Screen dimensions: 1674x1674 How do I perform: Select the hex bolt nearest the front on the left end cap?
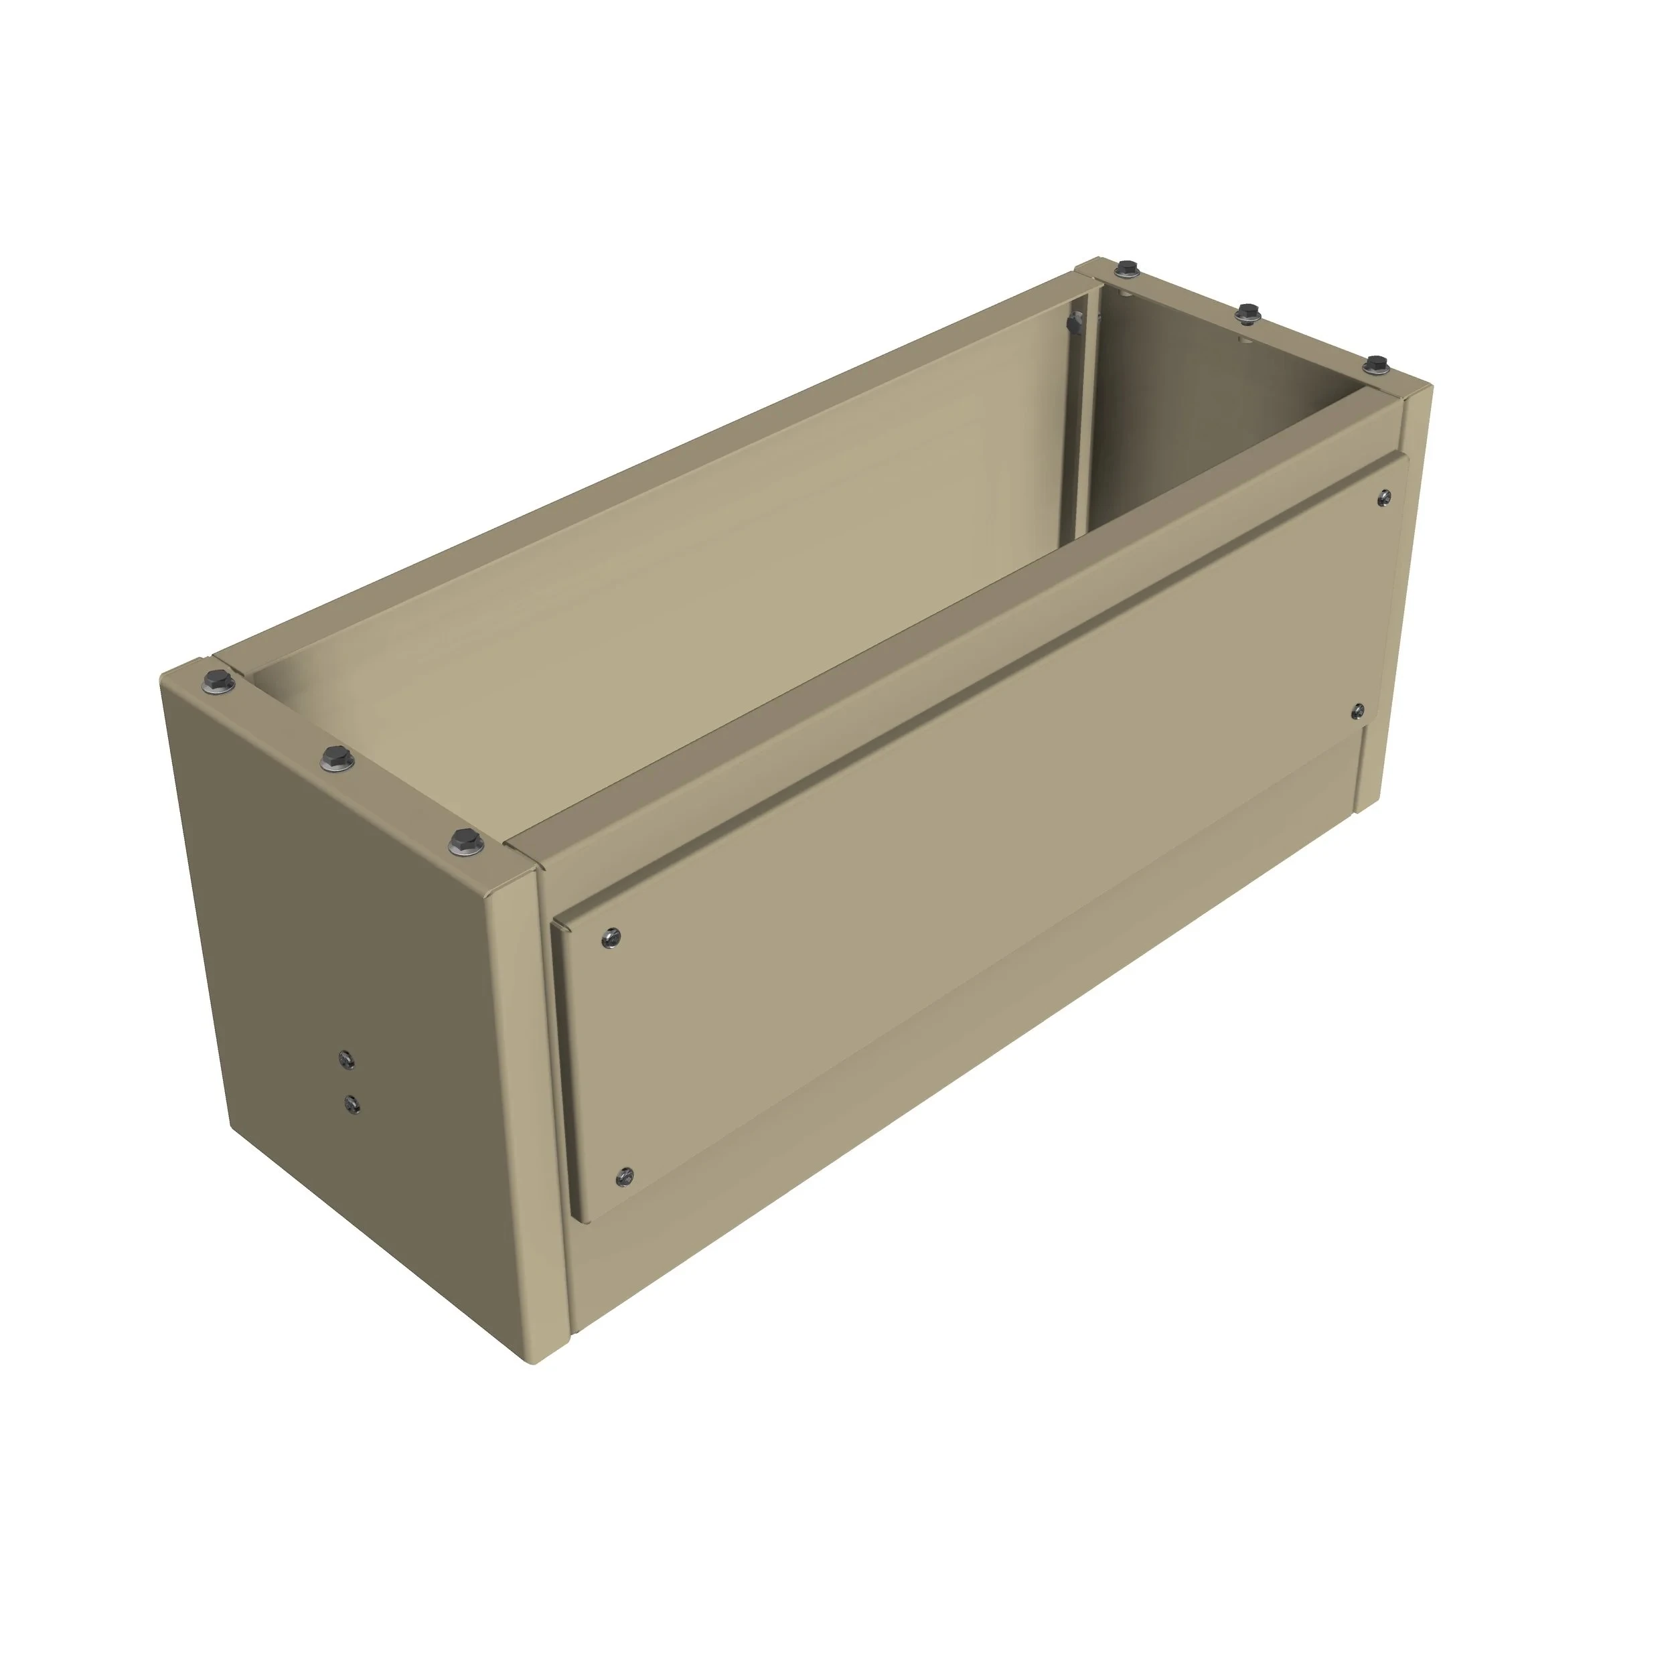(x=466, y=840)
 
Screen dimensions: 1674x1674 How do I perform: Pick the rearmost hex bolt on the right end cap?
(x=1126, y=268)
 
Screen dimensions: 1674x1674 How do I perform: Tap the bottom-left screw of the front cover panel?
(x=625, y=1176)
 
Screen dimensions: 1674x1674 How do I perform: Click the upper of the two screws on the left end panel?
(x=347, y=1058)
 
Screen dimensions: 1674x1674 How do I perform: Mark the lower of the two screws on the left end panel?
(x=352, y=1103)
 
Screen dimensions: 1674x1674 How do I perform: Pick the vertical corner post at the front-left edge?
(x=528, y=1126)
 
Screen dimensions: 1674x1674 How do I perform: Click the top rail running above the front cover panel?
(x=953, y=641)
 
